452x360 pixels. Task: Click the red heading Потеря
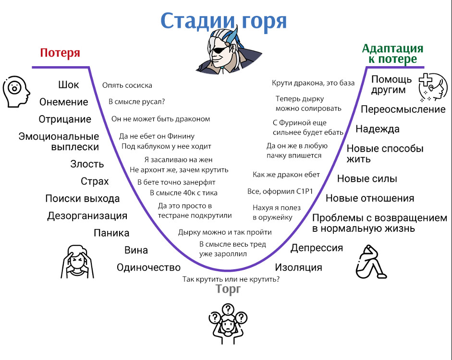[x=60, y=53]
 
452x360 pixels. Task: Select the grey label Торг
[x=228, y=289]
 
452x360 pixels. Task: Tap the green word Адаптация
[x=392, y=48]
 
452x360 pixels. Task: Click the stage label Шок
[x=68, y=84]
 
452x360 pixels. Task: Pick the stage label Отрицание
[x=65, y=119]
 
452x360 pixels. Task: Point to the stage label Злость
[x=87, y=164]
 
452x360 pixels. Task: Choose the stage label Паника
[x=111, y=233]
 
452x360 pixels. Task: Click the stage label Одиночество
[x=148, y=267]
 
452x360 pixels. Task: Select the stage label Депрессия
[x=317, y=248]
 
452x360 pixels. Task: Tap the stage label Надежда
[x=378, y=129]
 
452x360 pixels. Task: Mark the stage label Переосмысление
[x=403, y=109]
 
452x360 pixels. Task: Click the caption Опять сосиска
[x=127, y=85]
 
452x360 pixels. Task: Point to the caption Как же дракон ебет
[x=286, y=175]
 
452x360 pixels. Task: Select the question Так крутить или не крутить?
[x=231, y=279]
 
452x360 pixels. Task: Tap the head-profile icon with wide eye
[x=16, y=92]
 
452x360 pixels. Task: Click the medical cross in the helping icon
[x=426, y=80]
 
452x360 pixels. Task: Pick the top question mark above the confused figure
[x=228, y=309]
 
